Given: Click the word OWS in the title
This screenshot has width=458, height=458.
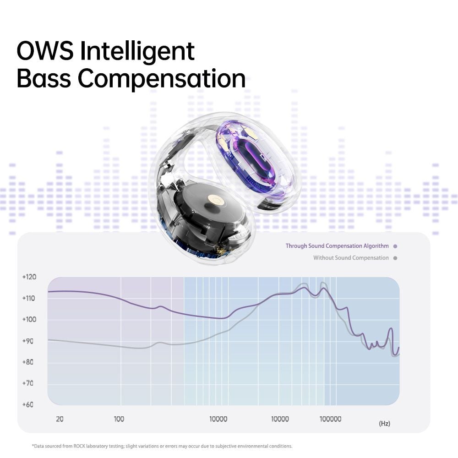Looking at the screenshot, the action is point(45,51).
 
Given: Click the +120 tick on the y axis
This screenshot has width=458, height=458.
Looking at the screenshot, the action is point(29,277).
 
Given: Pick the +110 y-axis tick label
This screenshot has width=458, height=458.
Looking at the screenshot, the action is point(28,298).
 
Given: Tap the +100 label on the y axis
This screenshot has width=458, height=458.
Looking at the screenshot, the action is point(29,319).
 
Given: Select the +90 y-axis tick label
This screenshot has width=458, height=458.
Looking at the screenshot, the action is point(28,341).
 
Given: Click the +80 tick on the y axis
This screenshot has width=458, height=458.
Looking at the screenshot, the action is point(28,362).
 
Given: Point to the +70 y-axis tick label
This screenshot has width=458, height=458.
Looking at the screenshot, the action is point(28,383).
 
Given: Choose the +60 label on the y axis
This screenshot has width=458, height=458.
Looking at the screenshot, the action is point(28,404).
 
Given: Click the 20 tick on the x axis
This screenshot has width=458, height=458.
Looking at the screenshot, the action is point(60,419).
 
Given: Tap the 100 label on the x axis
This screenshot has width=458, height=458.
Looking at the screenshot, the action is point(119,419).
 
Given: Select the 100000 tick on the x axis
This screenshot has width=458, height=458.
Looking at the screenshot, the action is point(330,419).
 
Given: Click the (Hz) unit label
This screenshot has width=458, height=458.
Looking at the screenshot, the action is point(384,423).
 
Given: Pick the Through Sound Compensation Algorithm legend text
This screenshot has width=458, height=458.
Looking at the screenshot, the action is point(337,246).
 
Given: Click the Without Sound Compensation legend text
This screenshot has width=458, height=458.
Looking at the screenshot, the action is point(351,258).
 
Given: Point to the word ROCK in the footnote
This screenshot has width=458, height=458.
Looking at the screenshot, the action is point(79,446).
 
